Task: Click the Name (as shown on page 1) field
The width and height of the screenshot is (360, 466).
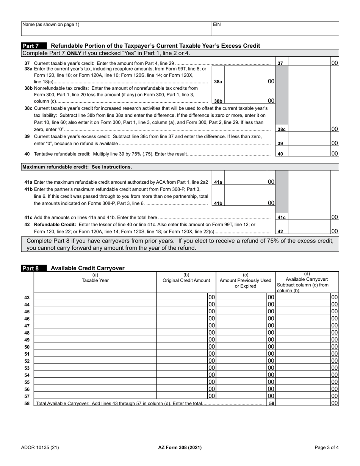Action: [x=116, y=29]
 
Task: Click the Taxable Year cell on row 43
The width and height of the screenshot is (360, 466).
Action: [x=95, y=297]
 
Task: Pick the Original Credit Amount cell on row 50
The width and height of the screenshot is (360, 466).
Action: [x=182, y=347]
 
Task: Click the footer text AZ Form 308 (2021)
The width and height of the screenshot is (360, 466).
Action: [x=180, y=447]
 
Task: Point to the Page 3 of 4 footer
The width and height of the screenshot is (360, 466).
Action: [x=326, y=447]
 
